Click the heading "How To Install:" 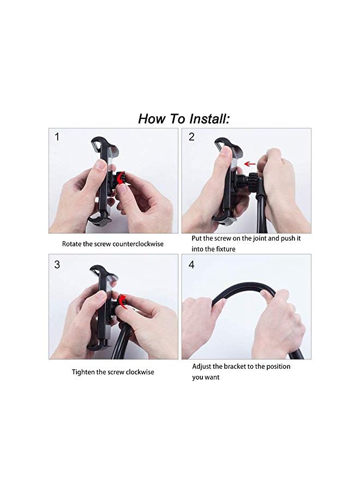coord(184,118)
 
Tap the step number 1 coord(57,137)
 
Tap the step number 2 coord(191,137)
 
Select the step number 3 coord(57,265)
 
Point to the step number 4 coord(191,265)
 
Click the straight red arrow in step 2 coord(250,163)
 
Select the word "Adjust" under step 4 coord(202,367)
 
